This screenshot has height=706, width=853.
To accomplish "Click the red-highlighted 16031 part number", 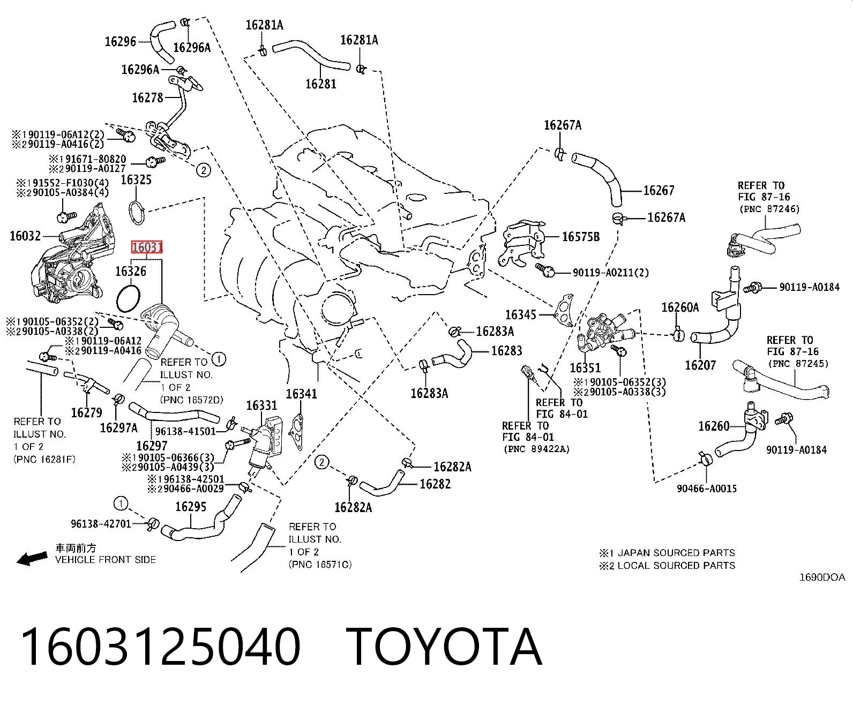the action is coord(147,247).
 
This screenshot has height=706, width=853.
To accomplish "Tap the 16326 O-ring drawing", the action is coord(118,299).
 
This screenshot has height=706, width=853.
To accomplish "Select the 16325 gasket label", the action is coord(136,180).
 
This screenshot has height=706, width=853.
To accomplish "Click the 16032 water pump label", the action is coord(25,236).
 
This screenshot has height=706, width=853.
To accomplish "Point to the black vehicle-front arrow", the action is coord(32,558).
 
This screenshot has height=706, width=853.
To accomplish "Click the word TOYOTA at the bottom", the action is coord(444,647).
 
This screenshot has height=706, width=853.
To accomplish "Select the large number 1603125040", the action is coord(161,647).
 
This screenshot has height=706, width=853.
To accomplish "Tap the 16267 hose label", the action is coord(659,190).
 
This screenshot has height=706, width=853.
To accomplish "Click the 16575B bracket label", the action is coord(581,237).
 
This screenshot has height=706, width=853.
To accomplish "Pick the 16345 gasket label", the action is coord(520,314).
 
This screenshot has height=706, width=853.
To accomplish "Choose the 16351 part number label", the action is coord(585,367).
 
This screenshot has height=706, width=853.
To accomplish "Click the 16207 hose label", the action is coord(700,365).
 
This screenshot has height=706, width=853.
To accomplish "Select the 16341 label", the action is coord(302,394).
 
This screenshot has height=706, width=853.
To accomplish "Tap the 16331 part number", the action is coord(261,405).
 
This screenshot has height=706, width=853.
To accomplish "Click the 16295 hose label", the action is coord(191,507).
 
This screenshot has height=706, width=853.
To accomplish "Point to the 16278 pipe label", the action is coord(147,97).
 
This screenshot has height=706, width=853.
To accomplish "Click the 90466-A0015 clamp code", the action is coord(707,489).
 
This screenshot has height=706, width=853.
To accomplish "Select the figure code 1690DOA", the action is coord(822,577).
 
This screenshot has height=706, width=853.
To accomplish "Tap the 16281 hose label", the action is coord(321,84).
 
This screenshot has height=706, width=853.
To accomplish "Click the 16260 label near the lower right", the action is coord(714,426).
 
